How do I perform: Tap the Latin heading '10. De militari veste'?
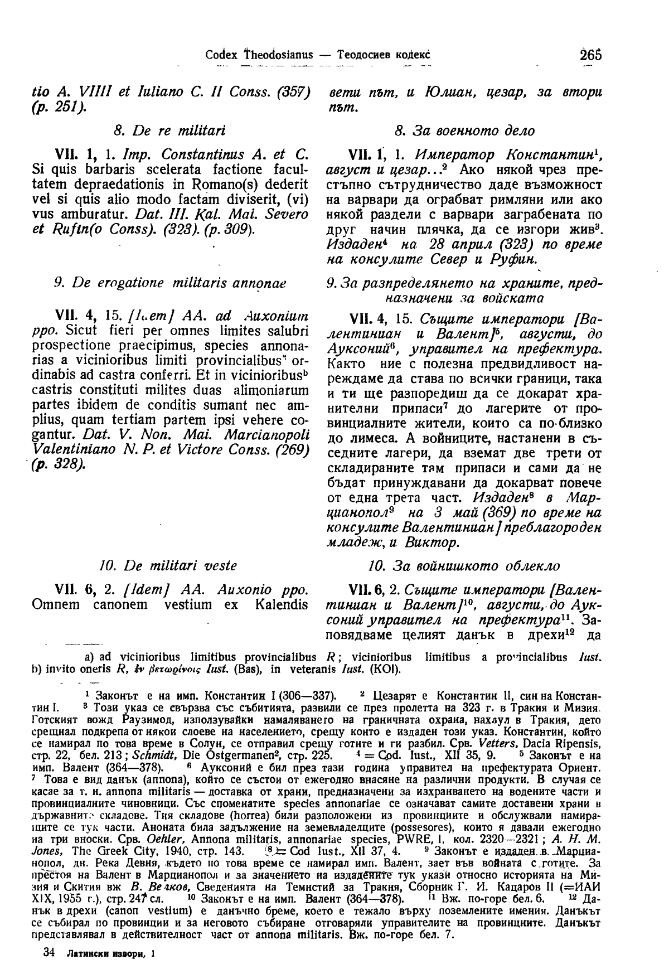(167, 566)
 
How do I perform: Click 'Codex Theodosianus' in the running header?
(259, 56)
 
